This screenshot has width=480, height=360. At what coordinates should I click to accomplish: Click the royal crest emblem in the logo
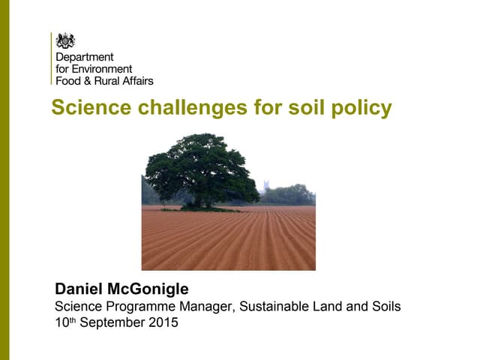coord(66,40)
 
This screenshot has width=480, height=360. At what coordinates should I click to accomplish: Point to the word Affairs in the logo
coord(136,79)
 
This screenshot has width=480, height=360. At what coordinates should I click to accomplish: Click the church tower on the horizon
coord(266,185)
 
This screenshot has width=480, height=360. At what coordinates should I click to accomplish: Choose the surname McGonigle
coord(152,289)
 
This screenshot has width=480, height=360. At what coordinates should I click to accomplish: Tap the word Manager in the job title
coord(201,306)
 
